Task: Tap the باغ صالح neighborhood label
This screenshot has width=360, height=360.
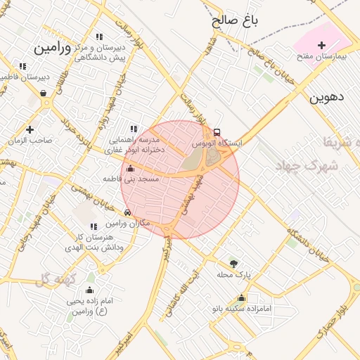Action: click(x=235, y=21)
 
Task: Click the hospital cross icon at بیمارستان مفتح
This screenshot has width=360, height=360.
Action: click(x=322, y=45)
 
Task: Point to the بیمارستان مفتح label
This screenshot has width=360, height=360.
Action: click(x=323, y=56)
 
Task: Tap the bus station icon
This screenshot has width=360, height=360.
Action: click(x=217, y=132)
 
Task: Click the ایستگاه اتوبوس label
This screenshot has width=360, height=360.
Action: click(x=217, y=143)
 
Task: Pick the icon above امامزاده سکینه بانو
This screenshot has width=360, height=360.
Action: click(x=242, y=298)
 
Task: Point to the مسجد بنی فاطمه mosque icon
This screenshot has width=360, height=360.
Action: click(x=130, y=169)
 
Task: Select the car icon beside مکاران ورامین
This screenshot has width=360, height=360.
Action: click(x=127, y=212)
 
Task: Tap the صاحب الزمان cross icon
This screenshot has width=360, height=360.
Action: click(x=30, y=129)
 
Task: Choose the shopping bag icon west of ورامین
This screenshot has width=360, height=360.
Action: click(x=44, y=92)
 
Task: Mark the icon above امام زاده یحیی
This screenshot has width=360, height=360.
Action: click(x=89, y=290)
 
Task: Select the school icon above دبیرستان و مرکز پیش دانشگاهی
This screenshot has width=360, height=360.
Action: click(x=98, y=37)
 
